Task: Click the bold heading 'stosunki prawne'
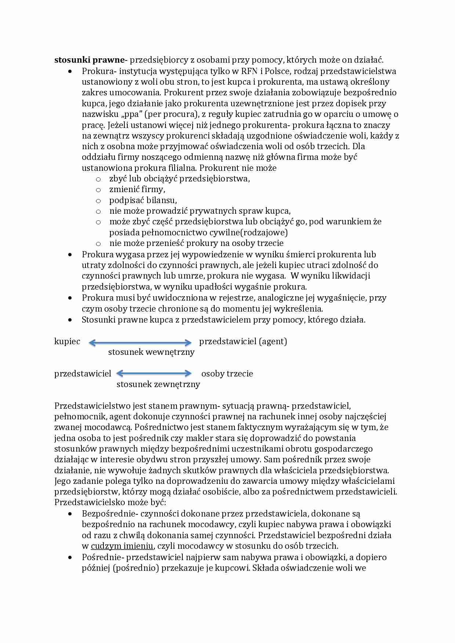pos(90,60)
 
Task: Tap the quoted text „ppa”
pos(131,114)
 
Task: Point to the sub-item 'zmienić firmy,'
pos(137,189)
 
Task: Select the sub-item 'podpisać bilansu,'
pos(143,200)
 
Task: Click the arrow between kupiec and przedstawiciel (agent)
pos(140,343)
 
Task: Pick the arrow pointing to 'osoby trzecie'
pos(154,374)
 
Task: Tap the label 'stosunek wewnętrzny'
pos(151,352)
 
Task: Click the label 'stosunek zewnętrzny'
pos(158,384)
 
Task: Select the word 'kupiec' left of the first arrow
pos(67,341)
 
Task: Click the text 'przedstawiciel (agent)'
pos(243,341)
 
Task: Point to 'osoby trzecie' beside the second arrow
pos(227,374)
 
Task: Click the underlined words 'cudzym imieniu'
pos(122,546)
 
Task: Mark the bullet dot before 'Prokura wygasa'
pos(70,254)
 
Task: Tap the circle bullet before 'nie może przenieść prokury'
pos(98,244)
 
